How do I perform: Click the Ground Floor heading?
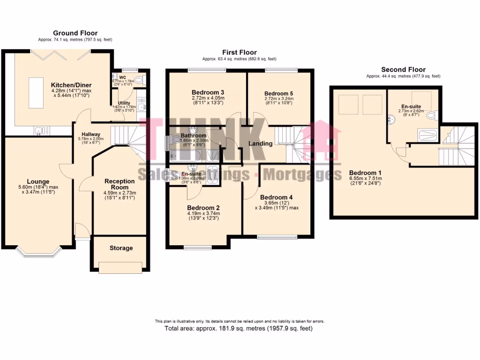(x=75, y=33)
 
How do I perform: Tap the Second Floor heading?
(x=403, y=69)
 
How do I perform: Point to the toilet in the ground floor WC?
(x=140, y=79)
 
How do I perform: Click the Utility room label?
(x=124, y=103)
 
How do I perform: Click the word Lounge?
(x=38, y=181)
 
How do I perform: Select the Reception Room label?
(x=120, y=184)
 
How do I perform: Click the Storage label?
(x=121, y=248)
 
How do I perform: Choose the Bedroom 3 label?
(x=208, y=92)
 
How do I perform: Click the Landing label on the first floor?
(x=260, y=143)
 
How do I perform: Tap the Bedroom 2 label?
(x=203, y=207)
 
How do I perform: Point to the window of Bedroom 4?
(x=277, y=237)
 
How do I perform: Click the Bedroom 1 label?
(x=366, y=172)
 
